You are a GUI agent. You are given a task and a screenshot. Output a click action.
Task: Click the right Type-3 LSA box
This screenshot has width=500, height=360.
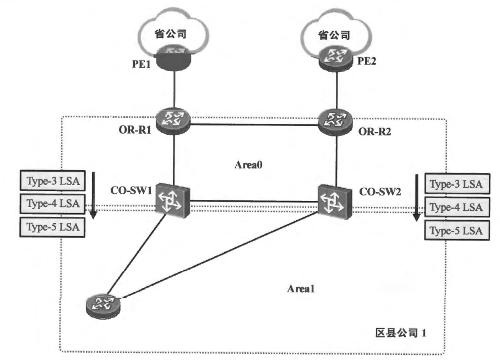click(455, 185)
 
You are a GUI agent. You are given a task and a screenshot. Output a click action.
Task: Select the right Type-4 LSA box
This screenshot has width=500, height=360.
click(455, 208)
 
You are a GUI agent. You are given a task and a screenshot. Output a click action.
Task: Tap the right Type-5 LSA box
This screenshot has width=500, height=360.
click(455, 231)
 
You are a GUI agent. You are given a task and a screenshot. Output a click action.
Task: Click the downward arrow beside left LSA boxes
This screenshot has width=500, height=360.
click(93, 195)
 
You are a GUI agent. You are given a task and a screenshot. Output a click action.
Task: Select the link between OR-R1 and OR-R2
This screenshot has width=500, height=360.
click(254, 124)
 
